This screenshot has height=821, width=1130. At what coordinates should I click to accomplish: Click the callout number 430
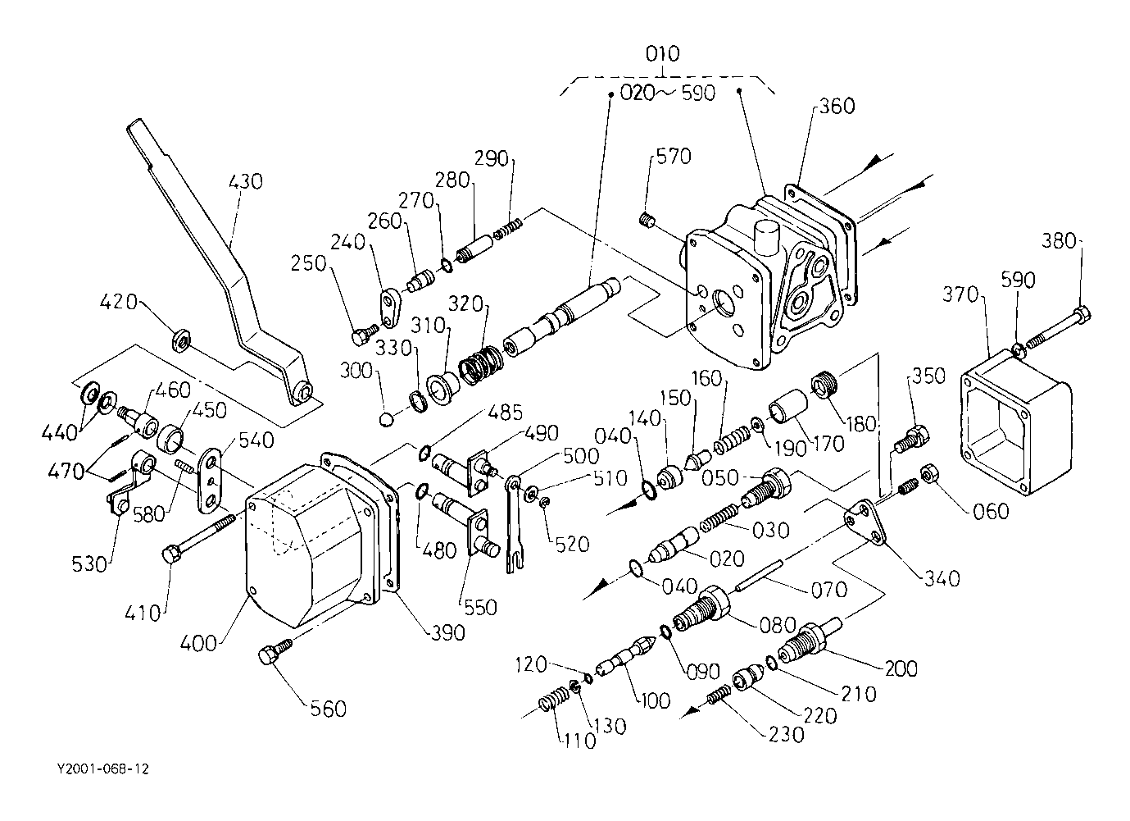tap(246, 181)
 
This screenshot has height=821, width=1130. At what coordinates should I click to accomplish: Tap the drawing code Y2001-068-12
tap(103, 769)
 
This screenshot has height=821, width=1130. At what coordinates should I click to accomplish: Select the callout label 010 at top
tap(662, 55)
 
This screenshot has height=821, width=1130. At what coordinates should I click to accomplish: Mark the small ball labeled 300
tap(388, 420)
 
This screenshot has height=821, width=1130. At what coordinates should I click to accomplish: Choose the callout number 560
tap(328, 708)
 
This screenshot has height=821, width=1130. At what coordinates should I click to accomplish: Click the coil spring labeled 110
tap(554, 705)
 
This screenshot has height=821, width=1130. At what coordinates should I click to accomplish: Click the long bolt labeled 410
tap(202, 538)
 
